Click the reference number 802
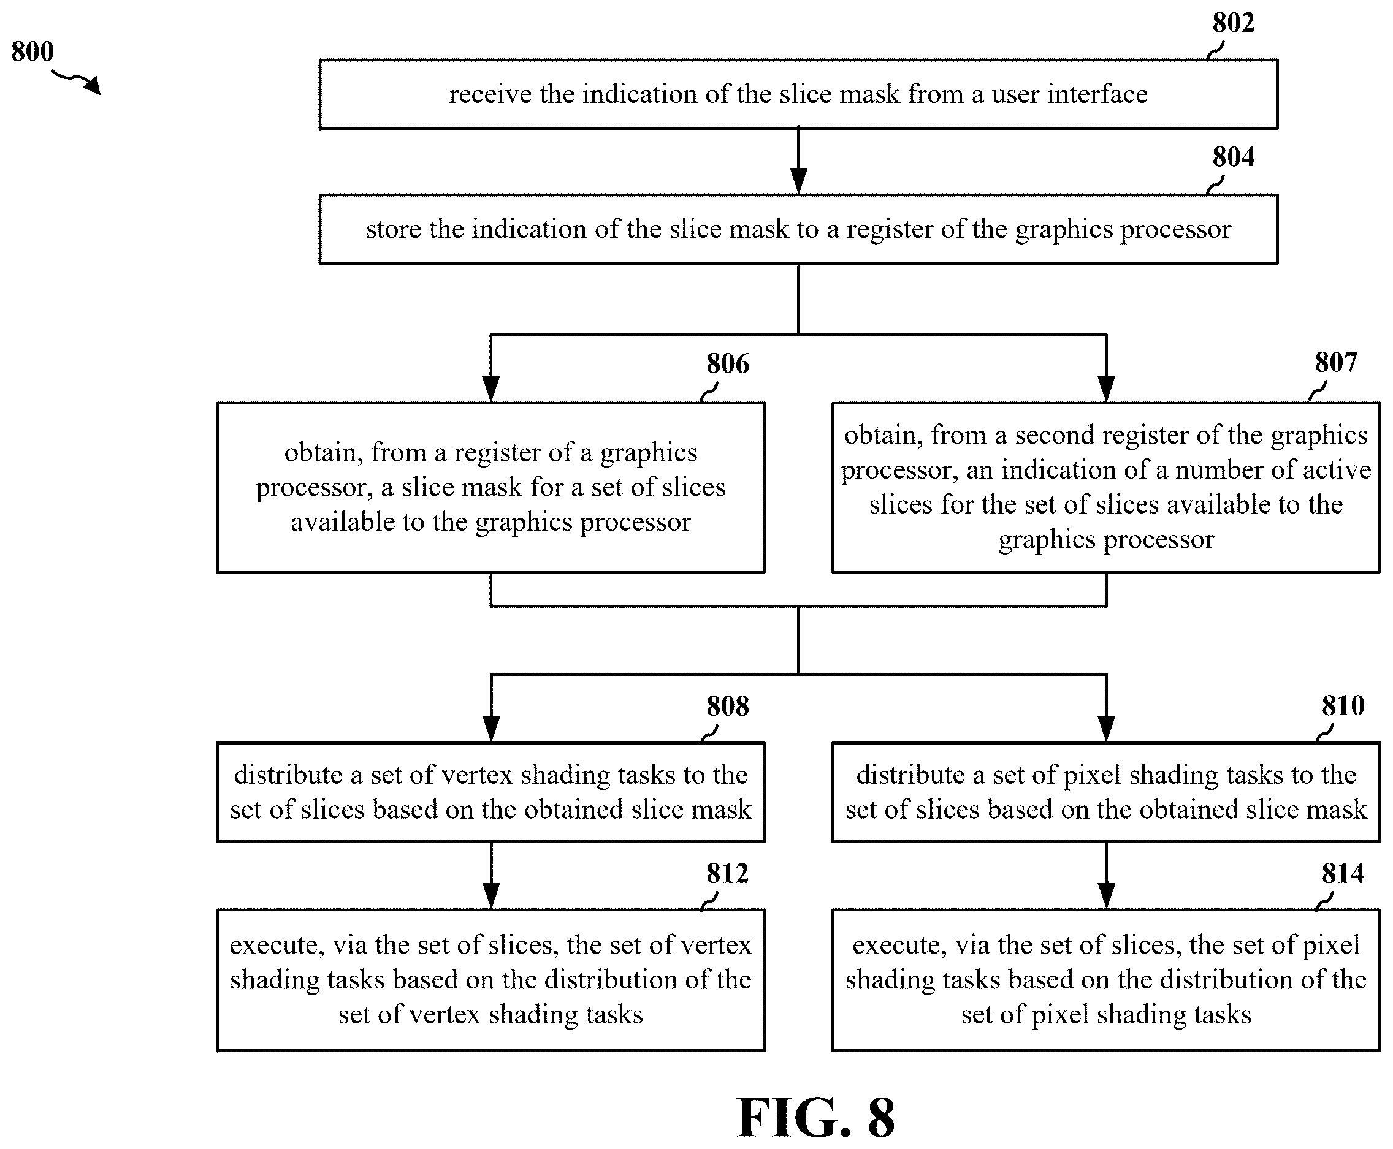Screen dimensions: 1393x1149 (1233, 23)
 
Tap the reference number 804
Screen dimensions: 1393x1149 (1233, 157)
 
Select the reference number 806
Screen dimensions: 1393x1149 (727, 364)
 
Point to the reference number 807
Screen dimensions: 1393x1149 (1335, 363)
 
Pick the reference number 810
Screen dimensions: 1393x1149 (1343, 706)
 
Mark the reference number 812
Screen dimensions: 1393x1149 (727, 874)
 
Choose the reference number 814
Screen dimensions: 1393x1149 (1343, 874)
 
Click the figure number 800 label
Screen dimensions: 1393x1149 (32, 51)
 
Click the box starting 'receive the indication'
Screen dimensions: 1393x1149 (798, 94)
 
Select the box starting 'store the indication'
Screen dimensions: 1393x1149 (798, 229)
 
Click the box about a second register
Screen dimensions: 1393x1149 (1105, 488)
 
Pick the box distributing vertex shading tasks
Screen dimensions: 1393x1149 (490, 792)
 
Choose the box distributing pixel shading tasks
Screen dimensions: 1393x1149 (1105, 792)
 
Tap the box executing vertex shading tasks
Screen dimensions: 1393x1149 (490, 980)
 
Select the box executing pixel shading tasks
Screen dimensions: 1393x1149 (1105, 980)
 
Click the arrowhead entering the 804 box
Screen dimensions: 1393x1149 (798, 181)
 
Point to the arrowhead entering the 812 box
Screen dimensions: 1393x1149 (490, 896)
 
